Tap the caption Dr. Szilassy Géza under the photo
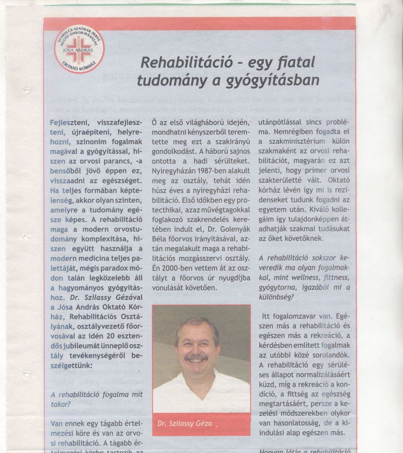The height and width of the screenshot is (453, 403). coord(185,423)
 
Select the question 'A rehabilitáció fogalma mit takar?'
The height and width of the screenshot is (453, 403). coord(97,399)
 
